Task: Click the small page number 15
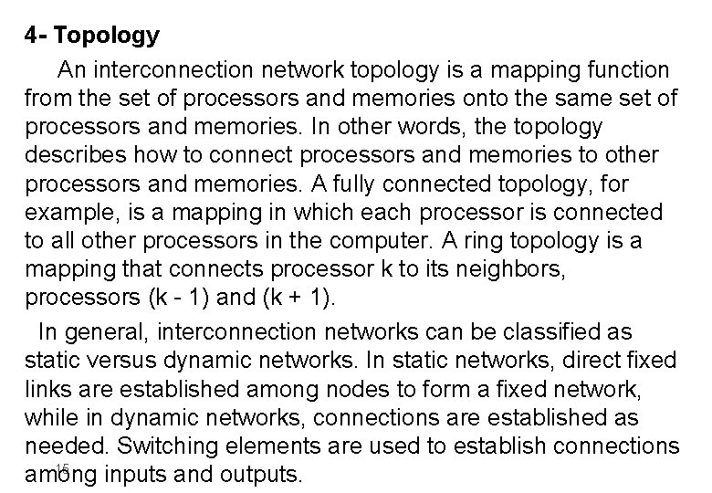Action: [62, 468]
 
